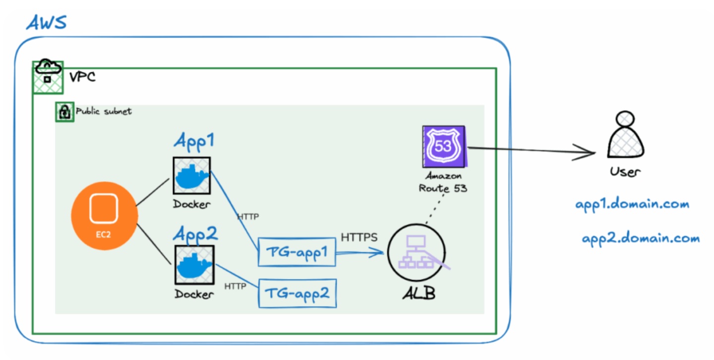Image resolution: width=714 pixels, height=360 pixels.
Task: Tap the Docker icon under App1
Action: [x=192, y=176]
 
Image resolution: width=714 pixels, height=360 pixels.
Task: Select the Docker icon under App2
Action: [x=193, y=264]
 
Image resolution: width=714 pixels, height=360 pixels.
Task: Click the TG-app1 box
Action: [x=297, y=252]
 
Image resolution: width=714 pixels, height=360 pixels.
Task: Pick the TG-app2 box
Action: [x=297, y=293]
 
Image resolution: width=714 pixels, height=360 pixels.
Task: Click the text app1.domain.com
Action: [x=632, y=204]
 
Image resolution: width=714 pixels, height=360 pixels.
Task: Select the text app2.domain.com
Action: [x=641, y=239]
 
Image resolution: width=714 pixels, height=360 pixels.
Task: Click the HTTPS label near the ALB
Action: [x=359, y=238]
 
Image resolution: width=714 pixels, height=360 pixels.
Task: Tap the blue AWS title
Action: [x=46, y=23]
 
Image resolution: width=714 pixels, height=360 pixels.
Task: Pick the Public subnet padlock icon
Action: [x=64, y=113]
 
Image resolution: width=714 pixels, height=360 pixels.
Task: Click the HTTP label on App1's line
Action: [x=248, y=217]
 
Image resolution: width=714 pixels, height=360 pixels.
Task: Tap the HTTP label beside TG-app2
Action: [x=236, y=286]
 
